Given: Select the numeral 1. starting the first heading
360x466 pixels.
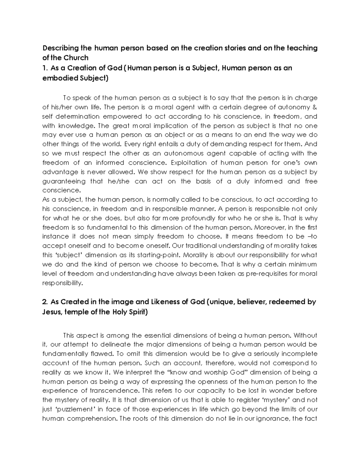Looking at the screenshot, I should (45, 68).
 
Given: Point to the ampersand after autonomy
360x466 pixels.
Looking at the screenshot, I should (315, 107).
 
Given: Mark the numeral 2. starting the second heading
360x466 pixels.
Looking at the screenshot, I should (45, 302).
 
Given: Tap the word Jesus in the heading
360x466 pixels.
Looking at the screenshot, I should (51, 312).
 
